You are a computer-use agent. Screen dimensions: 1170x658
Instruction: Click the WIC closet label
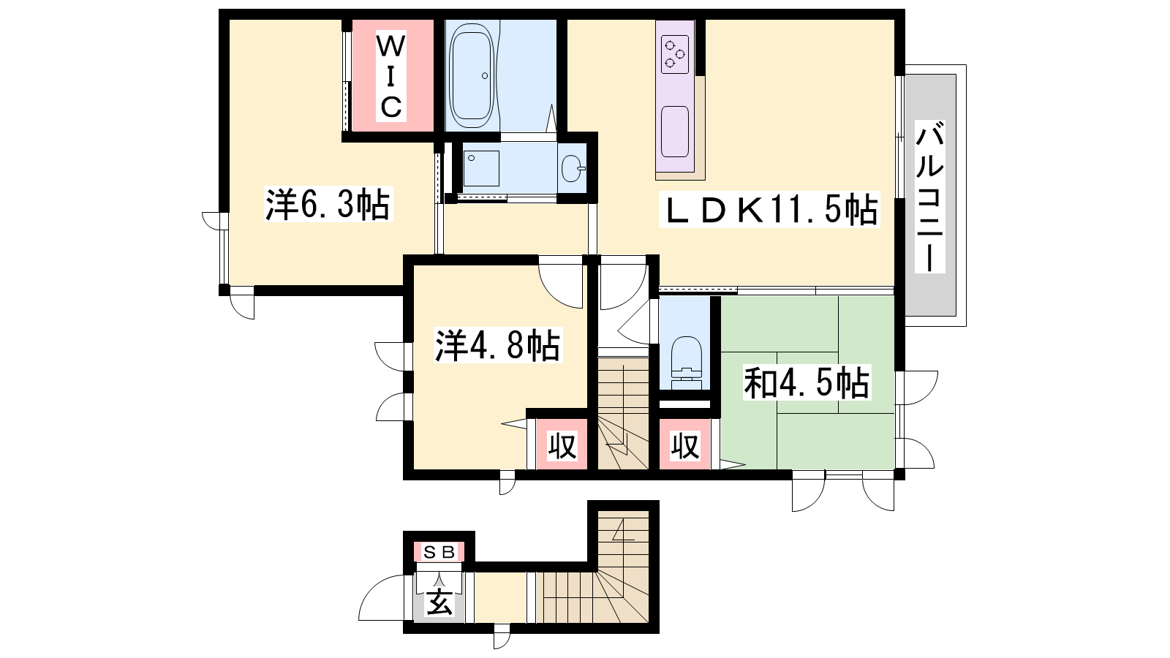(390, 77)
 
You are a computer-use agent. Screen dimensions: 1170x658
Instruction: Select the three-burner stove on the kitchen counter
(675, 54)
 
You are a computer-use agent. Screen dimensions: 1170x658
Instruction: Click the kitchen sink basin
(675, 132)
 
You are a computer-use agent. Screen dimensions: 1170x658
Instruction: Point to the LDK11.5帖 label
(769, 210)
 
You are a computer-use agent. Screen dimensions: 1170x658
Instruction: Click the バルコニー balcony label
(930, 197)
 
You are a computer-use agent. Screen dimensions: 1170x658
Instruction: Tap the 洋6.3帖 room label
(328, 204)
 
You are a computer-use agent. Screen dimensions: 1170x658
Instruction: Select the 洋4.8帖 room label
(498, 345)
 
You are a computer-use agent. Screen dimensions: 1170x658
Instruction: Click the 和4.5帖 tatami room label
(807, 383)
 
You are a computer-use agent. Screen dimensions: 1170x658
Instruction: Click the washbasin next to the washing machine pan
(573, 168)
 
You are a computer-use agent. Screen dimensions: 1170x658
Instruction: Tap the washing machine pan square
(481, 168)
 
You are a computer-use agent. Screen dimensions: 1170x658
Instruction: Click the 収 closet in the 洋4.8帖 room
(562, 445)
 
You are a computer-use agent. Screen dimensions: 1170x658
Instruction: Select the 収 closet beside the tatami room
(684, 445)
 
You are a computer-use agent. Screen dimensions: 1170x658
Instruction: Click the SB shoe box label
(439, 552)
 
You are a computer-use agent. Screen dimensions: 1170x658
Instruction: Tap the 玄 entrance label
(439, 605)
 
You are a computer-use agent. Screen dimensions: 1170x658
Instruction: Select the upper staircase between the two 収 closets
(623, 412)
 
